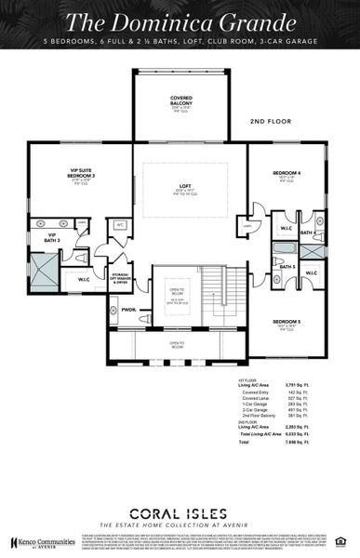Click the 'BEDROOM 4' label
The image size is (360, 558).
[x=287, y=174]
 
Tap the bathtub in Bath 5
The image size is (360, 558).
[x=283, y=250]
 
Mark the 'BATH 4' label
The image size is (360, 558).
[x=308, y=232]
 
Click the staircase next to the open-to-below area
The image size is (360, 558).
[x=216, y=295]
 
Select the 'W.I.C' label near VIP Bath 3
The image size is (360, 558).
[x=84, y=278]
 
